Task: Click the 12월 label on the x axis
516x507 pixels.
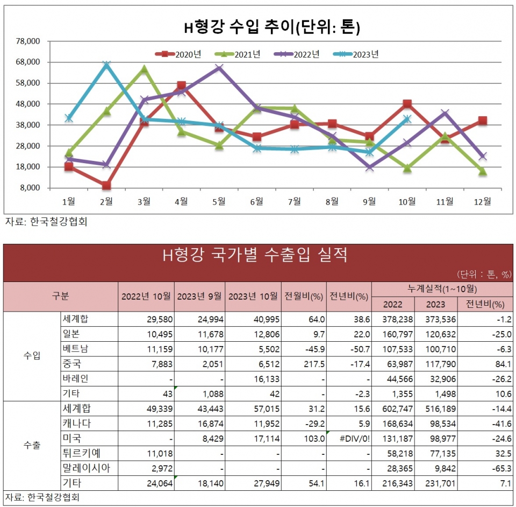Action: click(482, 201)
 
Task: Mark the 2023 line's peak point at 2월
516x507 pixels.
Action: click(106, 65)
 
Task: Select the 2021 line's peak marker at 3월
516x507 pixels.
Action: click(144, 69)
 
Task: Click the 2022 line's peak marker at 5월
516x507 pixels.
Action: click(219, 68)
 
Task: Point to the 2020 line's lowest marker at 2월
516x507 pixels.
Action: click(106, 186)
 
